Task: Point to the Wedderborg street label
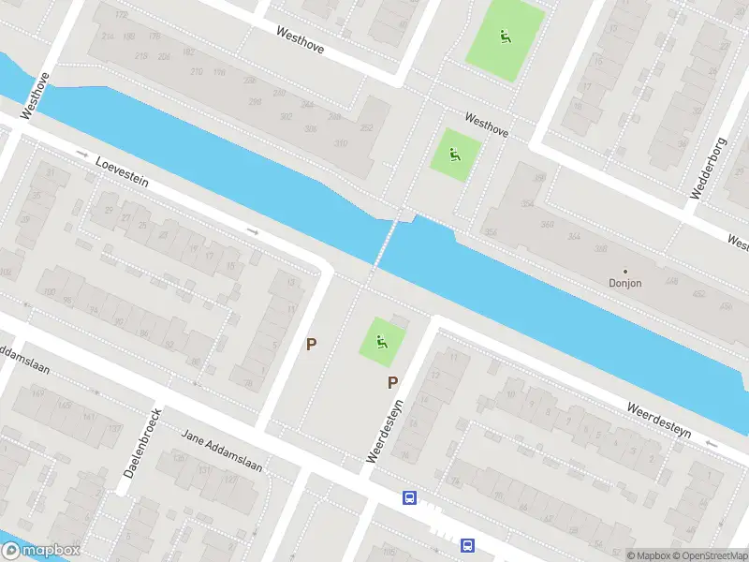(708, 169)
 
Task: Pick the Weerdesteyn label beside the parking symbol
(384, 432)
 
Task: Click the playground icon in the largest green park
(505, 37)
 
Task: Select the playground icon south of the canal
(382, 341)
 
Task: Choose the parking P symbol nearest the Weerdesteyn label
(393, 382)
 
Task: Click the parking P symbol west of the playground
(312, 344)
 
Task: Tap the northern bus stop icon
(409, 498)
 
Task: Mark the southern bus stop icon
(466, 545)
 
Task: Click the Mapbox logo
(39, 551)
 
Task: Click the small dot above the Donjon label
(624, 272)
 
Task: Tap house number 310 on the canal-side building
(341, 143)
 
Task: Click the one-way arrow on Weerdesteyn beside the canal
(712, 443)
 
